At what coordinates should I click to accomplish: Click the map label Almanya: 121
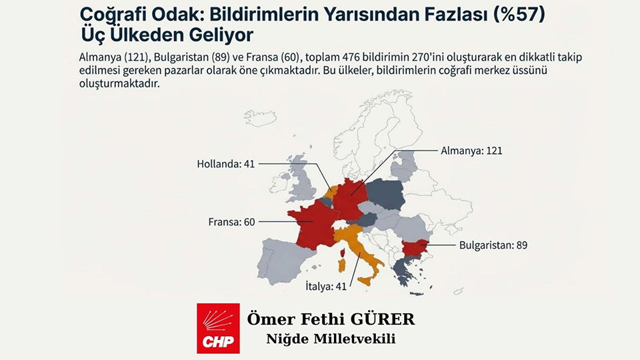tap(471, 151)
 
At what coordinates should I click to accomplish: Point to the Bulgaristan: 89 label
tap(493, 245)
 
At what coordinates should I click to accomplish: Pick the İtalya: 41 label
tap(313, 288)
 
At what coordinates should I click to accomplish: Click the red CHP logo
tap(217, 328)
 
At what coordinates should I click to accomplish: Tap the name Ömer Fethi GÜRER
tap(331, 319)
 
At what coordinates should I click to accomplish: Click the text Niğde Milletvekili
tap(331, 339)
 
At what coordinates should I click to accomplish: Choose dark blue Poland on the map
tap(393, 193)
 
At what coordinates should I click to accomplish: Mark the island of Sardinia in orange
tap(343, 265)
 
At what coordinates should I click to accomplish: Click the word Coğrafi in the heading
tap(110, 13)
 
